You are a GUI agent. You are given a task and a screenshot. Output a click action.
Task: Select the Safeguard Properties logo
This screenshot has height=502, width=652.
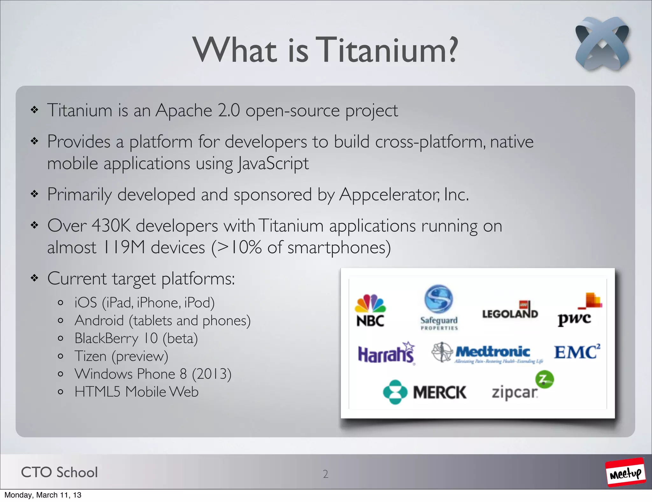[x=439, y=307]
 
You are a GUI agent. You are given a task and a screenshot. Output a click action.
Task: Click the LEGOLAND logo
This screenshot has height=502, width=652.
[x=510, y=311]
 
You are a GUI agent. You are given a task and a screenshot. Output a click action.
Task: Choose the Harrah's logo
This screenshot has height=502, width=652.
[x=386, y=353]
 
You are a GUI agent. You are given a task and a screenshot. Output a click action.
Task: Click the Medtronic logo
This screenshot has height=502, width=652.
[x=487, y=353]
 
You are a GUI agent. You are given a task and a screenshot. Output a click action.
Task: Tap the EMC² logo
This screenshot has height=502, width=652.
[x=577, y=352]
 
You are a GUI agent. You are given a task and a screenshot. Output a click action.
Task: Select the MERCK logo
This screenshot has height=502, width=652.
[x=425, y=392]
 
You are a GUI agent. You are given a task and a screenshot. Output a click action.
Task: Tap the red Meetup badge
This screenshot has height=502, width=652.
[x=625, y=472]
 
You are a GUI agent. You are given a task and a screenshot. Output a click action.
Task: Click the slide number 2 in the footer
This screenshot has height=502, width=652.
[x=325, y=474]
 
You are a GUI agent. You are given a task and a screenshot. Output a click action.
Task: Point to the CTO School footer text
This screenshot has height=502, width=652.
[x=59, y=472]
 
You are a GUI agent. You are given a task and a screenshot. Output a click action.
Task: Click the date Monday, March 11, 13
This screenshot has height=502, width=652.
[x=43, y=495]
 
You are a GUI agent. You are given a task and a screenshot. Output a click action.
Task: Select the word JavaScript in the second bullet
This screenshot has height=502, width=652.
[x=273, y=164]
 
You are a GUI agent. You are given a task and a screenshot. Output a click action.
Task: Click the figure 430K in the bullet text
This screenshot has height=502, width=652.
[x=111, y=226]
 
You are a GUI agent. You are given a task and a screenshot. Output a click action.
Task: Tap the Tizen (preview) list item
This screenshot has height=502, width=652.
[x=121, y=356]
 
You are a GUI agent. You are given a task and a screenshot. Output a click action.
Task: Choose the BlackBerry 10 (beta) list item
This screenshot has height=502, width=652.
[x=136, y=338]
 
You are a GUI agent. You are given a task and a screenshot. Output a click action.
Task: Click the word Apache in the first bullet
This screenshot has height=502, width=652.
[x=184, y=111]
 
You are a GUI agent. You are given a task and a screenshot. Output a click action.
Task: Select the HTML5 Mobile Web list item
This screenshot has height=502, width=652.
[x=136, y=392]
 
